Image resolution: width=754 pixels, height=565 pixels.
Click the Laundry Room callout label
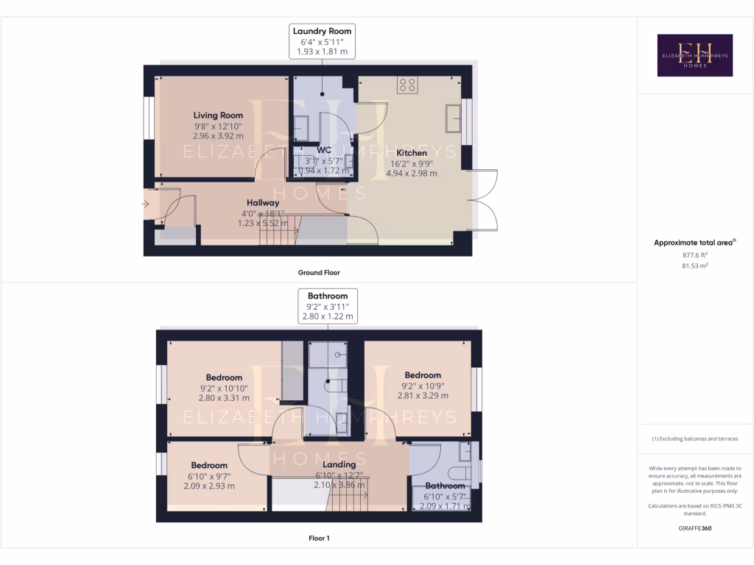click(x=323, y=41)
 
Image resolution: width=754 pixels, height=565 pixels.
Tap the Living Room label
click(x=218, y=116)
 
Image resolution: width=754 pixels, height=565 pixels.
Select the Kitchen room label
click(x=412, y=153)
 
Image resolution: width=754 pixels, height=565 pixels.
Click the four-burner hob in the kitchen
click(x=407, y=85)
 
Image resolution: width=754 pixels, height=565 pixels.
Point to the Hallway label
click(x=263, y=202)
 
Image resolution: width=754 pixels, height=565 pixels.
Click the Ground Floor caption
click(x=319, y=272)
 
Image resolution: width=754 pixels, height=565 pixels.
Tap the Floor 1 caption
click(x=319, y=539)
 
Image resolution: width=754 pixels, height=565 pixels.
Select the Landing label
click(x=339, y=464)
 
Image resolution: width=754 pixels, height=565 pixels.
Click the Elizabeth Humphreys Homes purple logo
click(x=694, y=55)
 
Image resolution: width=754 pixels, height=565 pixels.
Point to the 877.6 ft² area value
click(x=694, y=255)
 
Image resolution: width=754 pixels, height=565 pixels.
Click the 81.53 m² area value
click(x=694, y=266)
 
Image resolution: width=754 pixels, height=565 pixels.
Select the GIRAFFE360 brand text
click(x=694, y=528)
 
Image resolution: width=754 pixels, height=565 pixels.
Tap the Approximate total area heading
click(x=694, y=243)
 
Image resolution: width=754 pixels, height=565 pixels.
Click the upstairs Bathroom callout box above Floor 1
click(x=328, y=306)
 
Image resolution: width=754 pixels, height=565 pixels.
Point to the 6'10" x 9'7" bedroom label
click(x=209, y=475)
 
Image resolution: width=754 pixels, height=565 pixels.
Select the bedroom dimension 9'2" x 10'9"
click(x=422, y=385)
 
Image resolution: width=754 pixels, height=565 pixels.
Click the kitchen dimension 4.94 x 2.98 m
click(x=412, y=174)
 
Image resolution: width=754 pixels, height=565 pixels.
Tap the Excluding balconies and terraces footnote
click(x=694, y=438)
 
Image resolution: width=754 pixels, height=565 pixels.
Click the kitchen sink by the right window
click(x=454, y=117)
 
